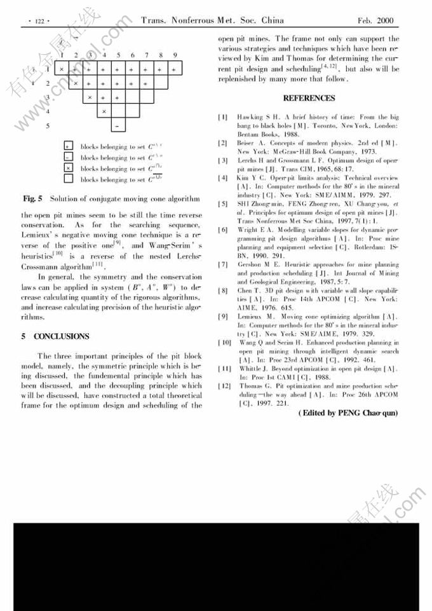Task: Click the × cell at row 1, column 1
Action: pyautogui.click(x=62, y=68)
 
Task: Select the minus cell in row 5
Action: pyautogui.click(x=118, y=126)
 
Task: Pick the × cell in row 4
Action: pyautogui.click(x=104, y=112)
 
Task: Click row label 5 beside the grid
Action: pyautogui.click(x=48, y=126)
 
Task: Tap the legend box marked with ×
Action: pyautogui.click(x=69, y=168)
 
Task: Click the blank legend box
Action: pyautogui.click(x=69, y=179)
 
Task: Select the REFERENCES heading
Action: pyautogui.click(x=309, y=99)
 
